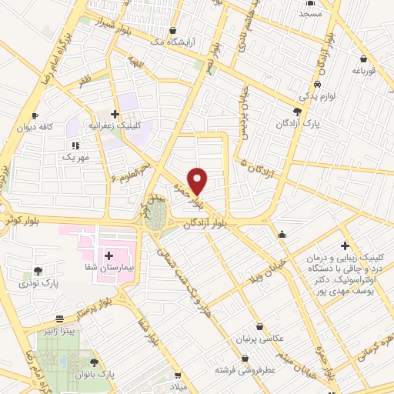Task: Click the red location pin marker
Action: pyautogui.click(x=199, y=180)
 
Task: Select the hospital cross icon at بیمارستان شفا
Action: pyautogui.click(x=108, y=255)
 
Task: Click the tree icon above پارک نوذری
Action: pyautogui.click(x=36, y=271)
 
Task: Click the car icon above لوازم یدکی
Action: pyautogui.click(x=317, y=83)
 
